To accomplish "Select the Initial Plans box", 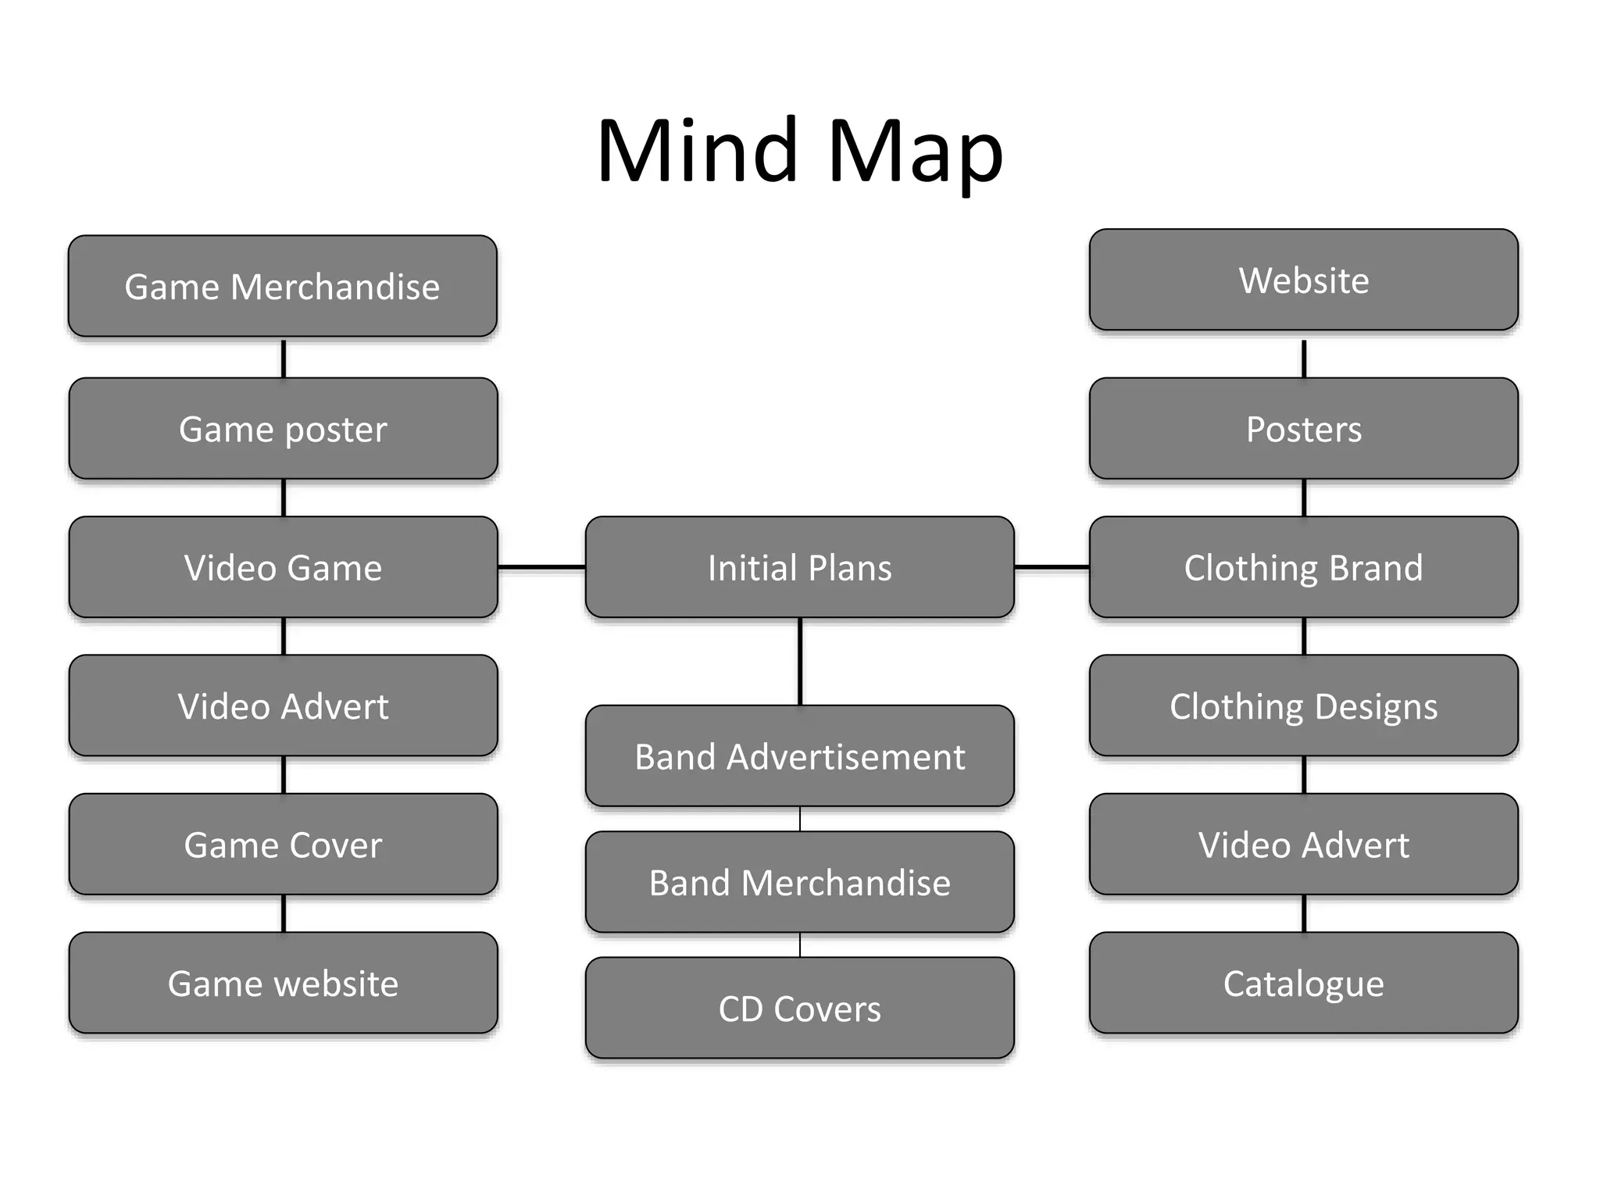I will pyautogui.click(x=799, y=567).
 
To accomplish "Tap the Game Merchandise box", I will pyautogui.click(x=282, y=286).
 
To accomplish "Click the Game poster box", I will pyautogui.click(x=283, y=428).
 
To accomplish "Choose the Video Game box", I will pyautogui.click(x=283, y=567).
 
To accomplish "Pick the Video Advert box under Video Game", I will pyautogui.click(x=283, y=705).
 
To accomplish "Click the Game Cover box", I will pyautogui.click(x=283, y=844).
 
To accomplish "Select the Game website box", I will pyautogui.click(x=283, y=983).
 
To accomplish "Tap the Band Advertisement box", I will pyautogui.click(x=799, y=755).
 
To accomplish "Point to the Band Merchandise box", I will pyautogui.click(x=799, y=882).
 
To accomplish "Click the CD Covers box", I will pyautogui.click(x=799, y=1008).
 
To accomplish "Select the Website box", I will pyautogui.click(x=1303, y=280).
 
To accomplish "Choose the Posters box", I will pyautogui.click(x=1303, y=428).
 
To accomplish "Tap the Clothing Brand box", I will pyautogui.click(x=1303, y=567).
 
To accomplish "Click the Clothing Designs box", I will pyautogui.click(x=1303, y=705).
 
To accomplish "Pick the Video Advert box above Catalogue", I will pyautogui.click(x=1303, y=844).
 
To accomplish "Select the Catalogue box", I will pyautogui.click(x=1303, y=983).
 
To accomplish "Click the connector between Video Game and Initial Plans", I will pyautogui.click(x=541, y=566).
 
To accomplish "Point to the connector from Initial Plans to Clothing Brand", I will pyautogui.click(x=1052, y=566).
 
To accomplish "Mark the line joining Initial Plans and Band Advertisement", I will pyautogui.click(x=800, y=661).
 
